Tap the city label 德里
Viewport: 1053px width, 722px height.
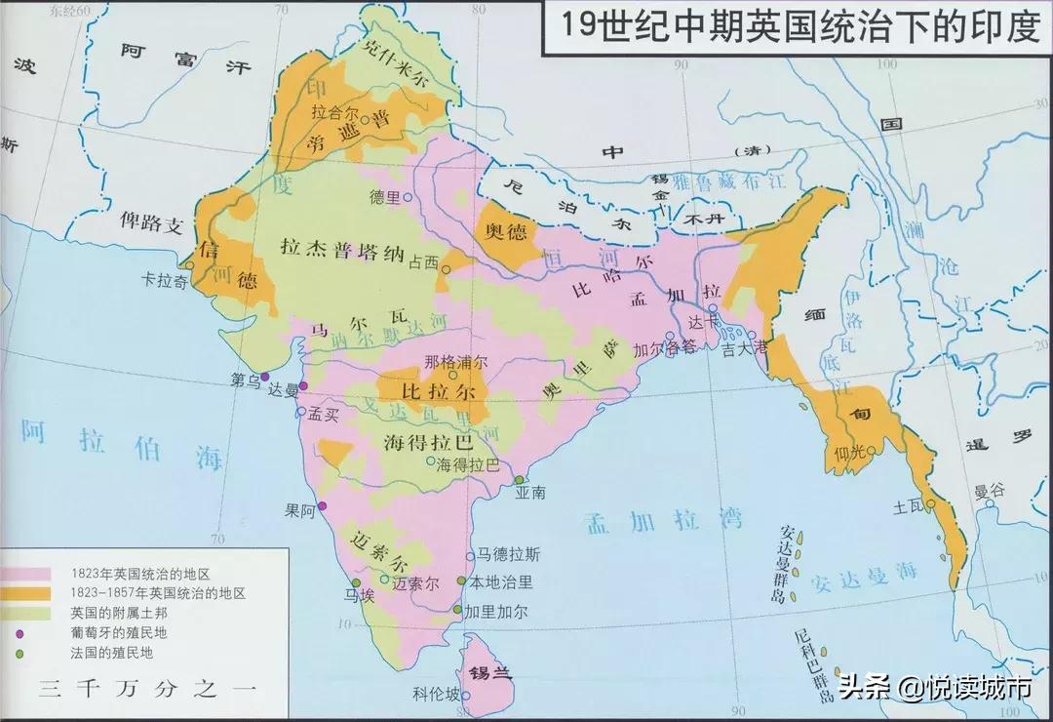pos(385,196)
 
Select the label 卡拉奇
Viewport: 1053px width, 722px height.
pos(162,276)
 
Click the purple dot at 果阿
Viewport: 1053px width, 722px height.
pos(322,505)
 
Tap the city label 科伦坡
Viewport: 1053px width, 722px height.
pos(434,695)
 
